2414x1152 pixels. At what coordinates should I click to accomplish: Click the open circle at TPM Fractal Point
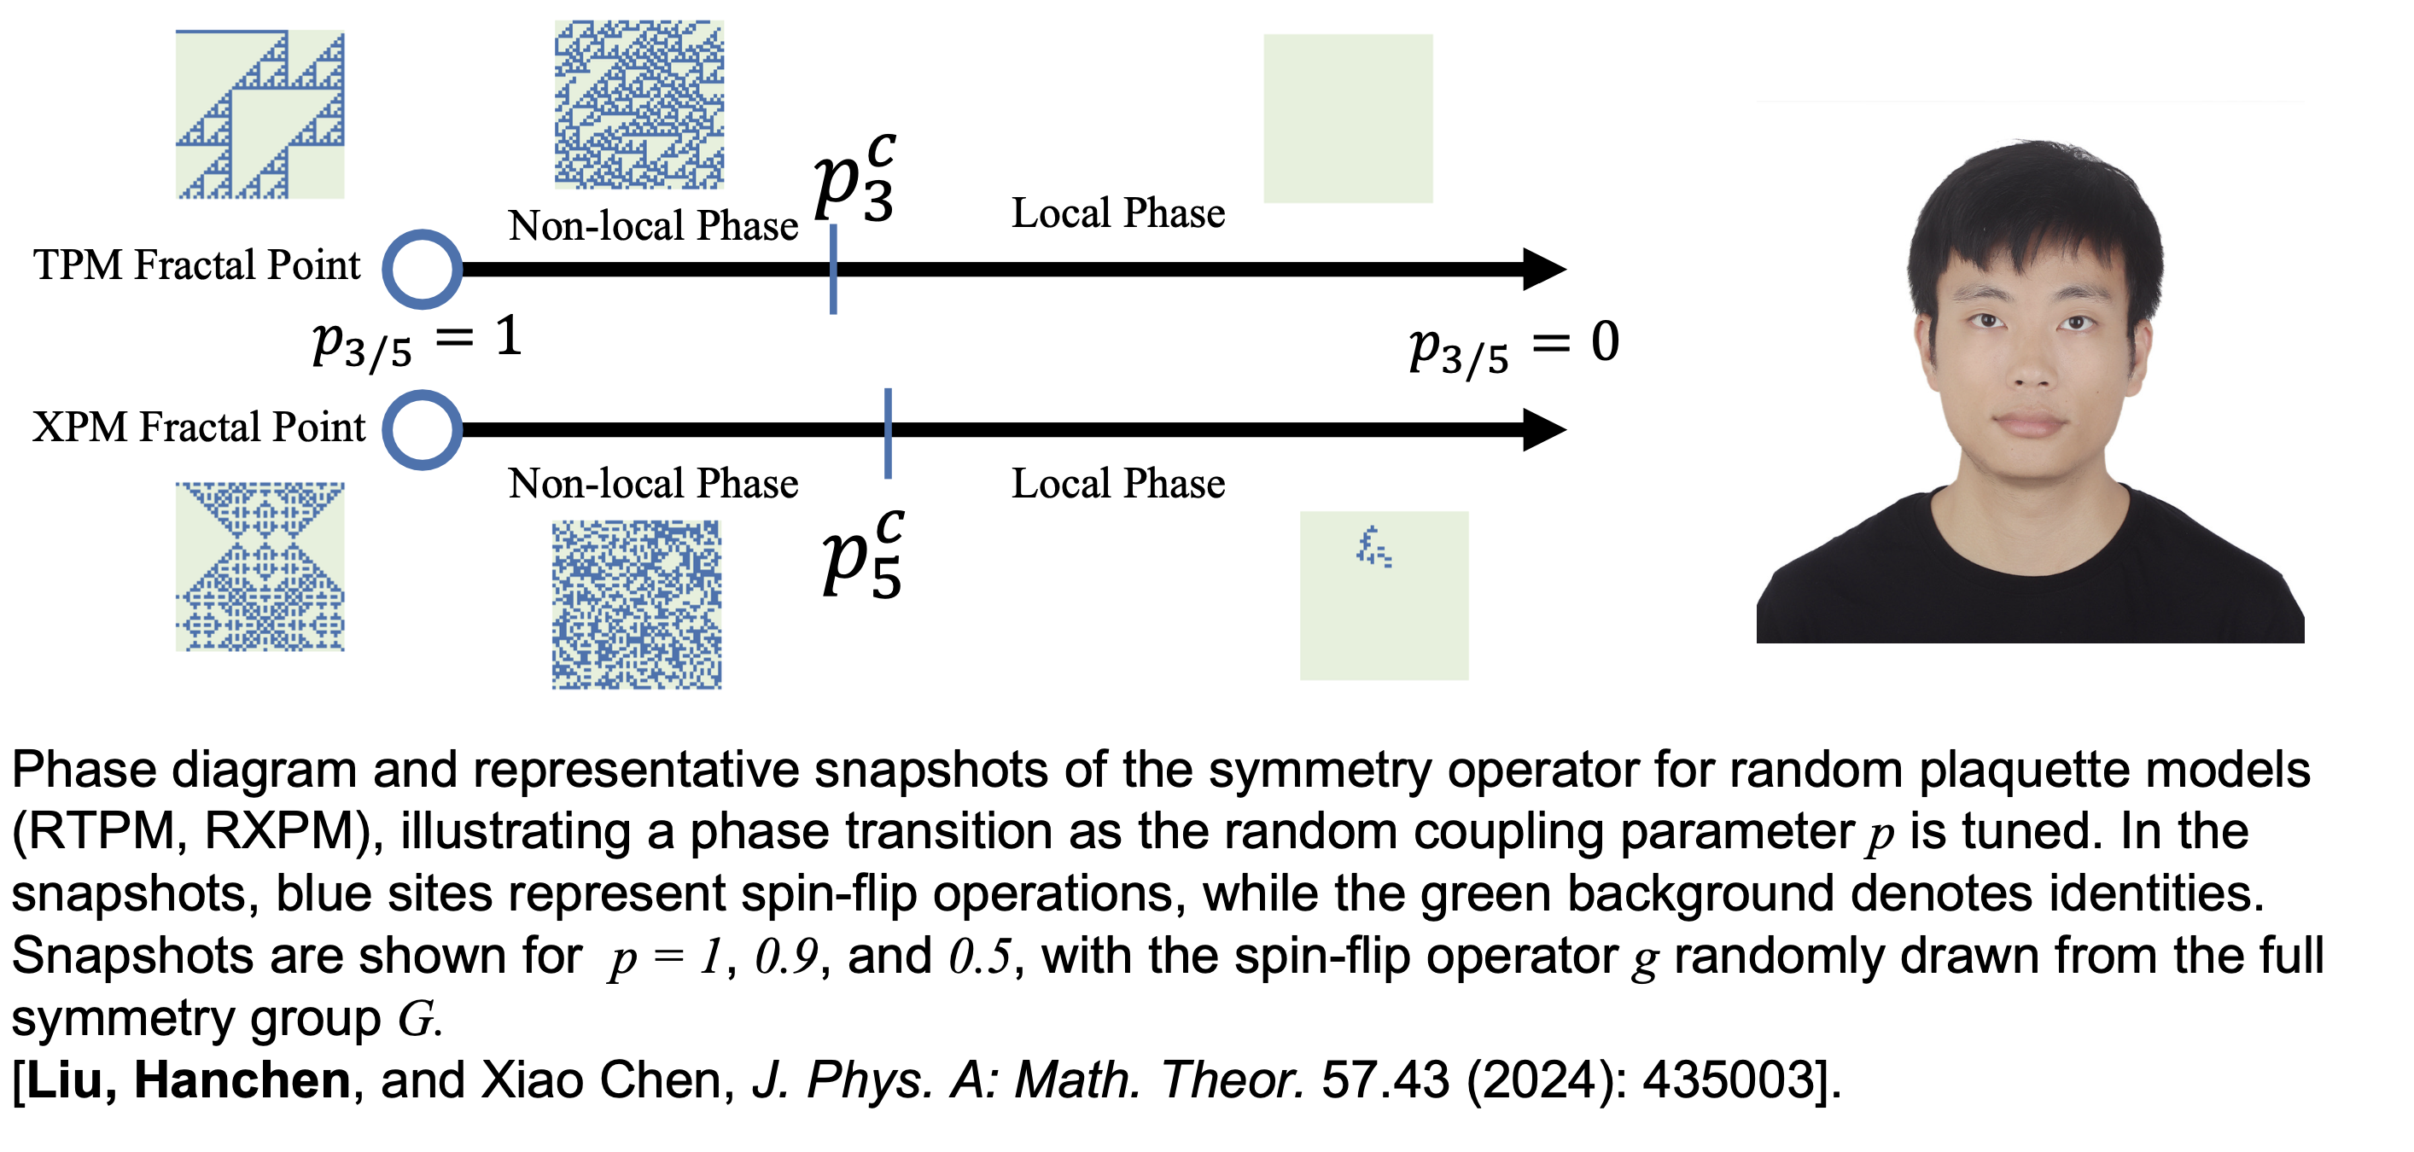tap(423, 270)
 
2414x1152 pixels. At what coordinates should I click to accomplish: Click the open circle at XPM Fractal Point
tap(423, 430)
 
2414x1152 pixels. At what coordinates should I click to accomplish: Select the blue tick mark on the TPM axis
tap(833, 270)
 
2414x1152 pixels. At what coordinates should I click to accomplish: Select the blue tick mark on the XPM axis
tap(888, 433)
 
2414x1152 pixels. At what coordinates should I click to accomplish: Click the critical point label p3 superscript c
tap(854, 179)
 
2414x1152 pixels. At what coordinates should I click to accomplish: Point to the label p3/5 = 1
tap(417, 341)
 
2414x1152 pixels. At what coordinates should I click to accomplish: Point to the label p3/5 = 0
tap(1513, 346)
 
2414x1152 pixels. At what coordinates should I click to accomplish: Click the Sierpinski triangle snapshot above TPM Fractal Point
tap(259, 114)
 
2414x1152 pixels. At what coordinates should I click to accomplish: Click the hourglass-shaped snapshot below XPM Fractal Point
tap(259, 567)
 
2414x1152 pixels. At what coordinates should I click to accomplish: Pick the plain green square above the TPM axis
tap(1348, 119)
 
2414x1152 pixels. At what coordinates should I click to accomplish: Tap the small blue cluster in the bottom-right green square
tap(1373, 548)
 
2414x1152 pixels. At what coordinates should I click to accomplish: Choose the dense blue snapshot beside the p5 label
tap(636, 605)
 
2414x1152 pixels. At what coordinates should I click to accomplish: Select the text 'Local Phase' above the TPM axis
tap(1118, 213)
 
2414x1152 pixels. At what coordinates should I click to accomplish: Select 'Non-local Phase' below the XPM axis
tap(653, 484)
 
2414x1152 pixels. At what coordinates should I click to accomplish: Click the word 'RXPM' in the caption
tap(281, 832)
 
